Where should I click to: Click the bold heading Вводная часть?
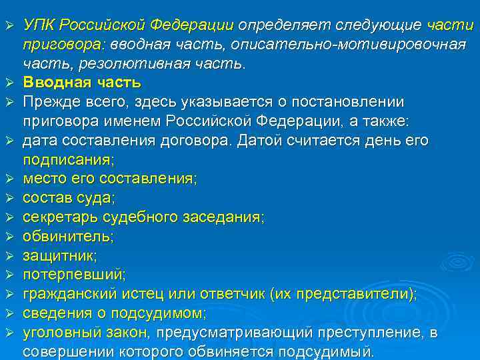82,83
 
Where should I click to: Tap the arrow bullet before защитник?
10,255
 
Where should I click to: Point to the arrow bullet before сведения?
10,313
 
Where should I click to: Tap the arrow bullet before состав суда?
10,198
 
